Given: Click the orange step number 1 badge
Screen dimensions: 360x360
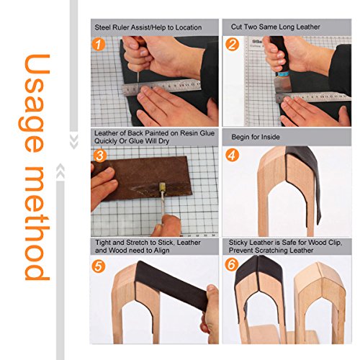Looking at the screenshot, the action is click(x=99, y=45).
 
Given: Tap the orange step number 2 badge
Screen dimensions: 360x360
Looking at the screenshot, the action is click(x=232, y=44).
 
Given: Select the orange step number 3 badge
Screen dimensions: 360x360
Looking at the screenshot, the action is click(x=100, y=156).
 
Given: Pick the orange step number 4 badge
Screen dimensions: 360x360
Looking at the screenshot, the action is click(x=232, y=156).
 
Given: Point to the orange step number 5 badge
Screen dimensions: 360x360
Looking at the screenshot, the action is click(x=99, y=266).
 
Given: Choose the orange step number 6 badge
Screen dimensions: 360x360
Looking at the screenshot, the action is click(x=232, y=265).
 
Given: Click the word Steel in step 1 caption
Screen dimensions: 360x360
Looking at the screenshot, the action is click(x=103, y=27).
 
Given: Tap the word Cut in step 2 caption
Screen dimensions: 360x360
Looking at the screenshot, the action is click(x=236, y=27).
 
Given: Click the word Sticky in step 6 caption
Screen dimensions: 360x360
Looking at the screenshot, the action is click(x=238, y=243).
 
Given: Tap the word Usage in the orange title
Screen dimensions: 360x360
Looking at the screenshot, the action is click(x=35, y=103).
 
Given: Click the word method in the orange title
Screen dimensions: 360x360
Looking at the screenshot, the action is click(x=37, y=223).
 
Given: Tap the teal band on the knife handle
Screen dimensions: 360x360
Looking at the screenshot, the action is click(x=282, y=73).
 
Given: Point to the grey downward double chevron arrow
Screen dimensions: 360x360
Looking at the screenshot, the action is click(x=73, y=142).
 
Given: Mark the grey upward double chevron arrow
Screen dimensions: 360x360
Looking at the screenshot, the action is click(x=60, y=171).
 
